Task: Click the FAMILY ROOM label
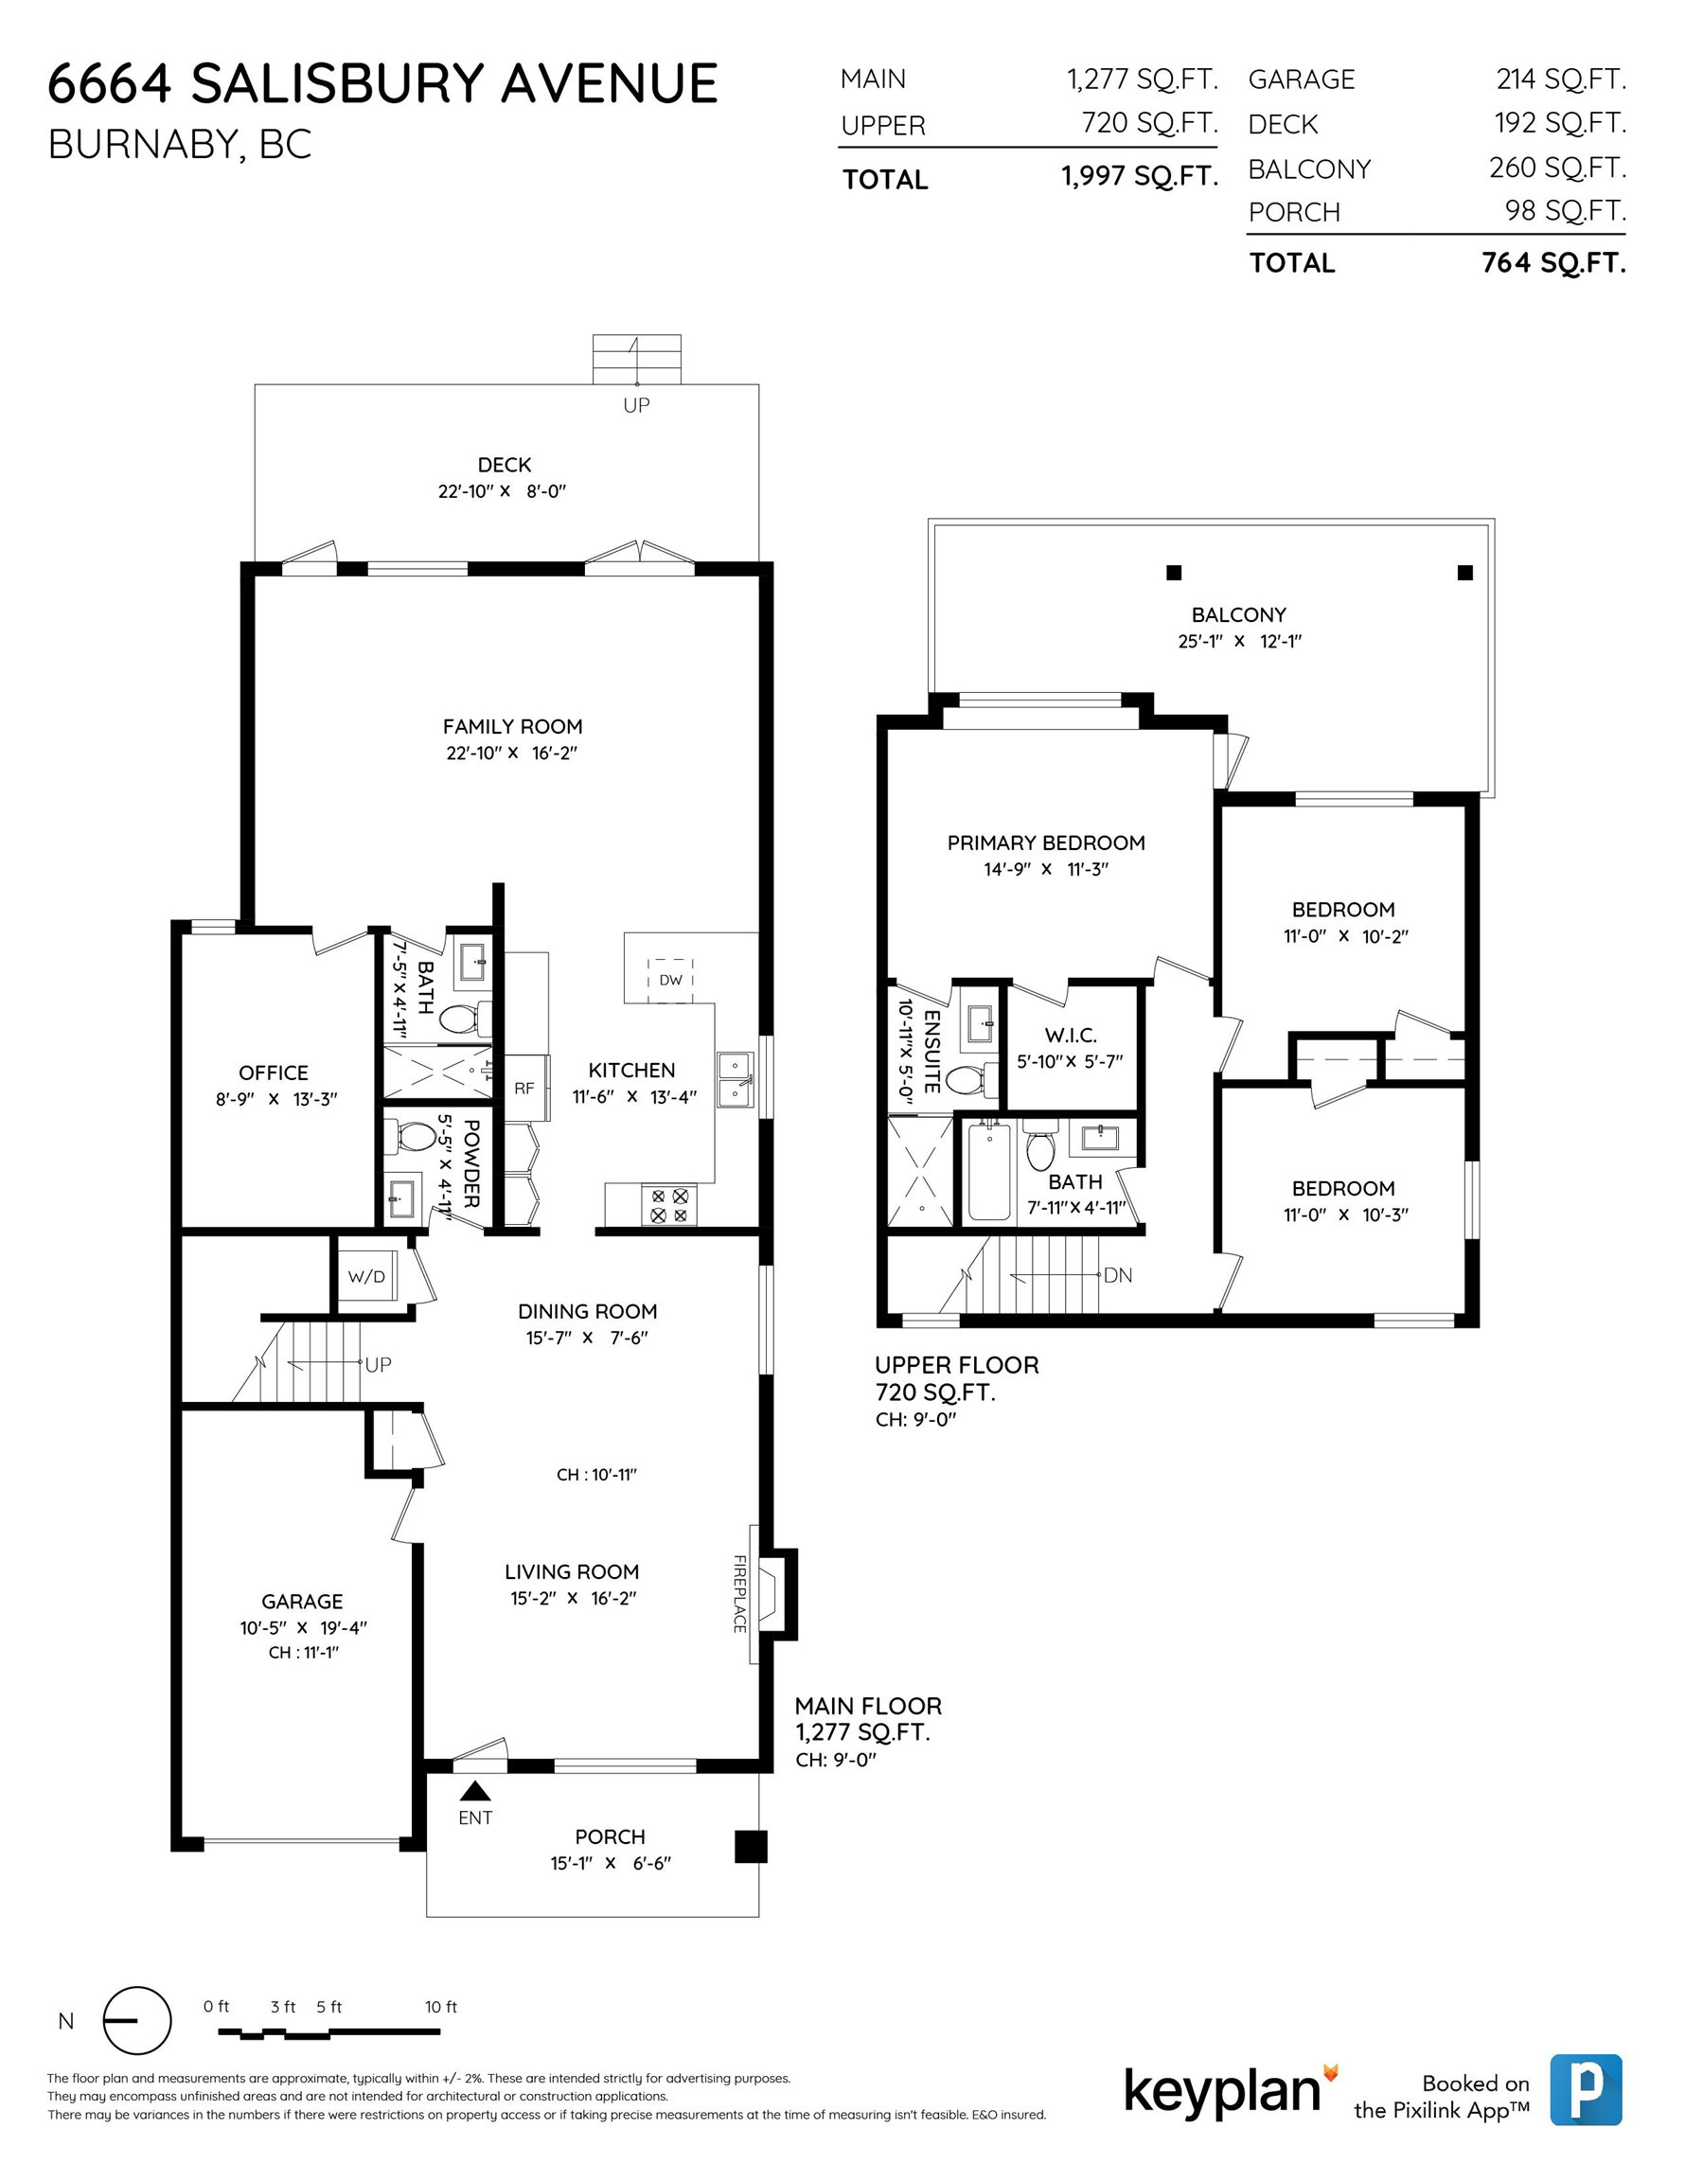(x=512, y=726)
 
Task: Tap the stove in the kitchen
(x=669, y=1205)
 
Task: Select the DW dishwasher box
(x=670, y=980)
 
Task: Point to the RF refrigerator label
(x=524, y=1088)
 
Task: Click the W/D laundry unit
(x=365, y=1276)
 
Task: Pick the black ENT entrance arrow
(x=475, y=1791)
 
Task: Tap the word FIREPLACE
(x=740, y=1594)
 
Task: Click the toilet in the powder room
(x=414, y=1135)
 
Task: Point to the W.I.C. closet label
(x=1071, y=1036)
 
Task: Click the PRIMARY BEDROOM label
(x=1046, y=842)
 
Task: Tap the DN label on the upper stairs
(x=1118, y=1275)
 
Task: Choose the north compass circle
(x=137, y=2020)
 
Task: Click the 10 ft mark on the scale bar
(x=440, y=2006)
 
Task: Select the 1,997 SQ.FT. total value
(x=1139, y=177)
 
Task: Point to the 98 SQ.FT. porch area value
(x=1565, y=211)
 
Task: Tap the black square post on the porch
(x=751, y=1847)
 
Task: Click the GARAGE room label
(x=303, y=1601)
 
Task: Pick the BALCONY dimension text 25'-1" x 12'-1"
(x=1239, y=641)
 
